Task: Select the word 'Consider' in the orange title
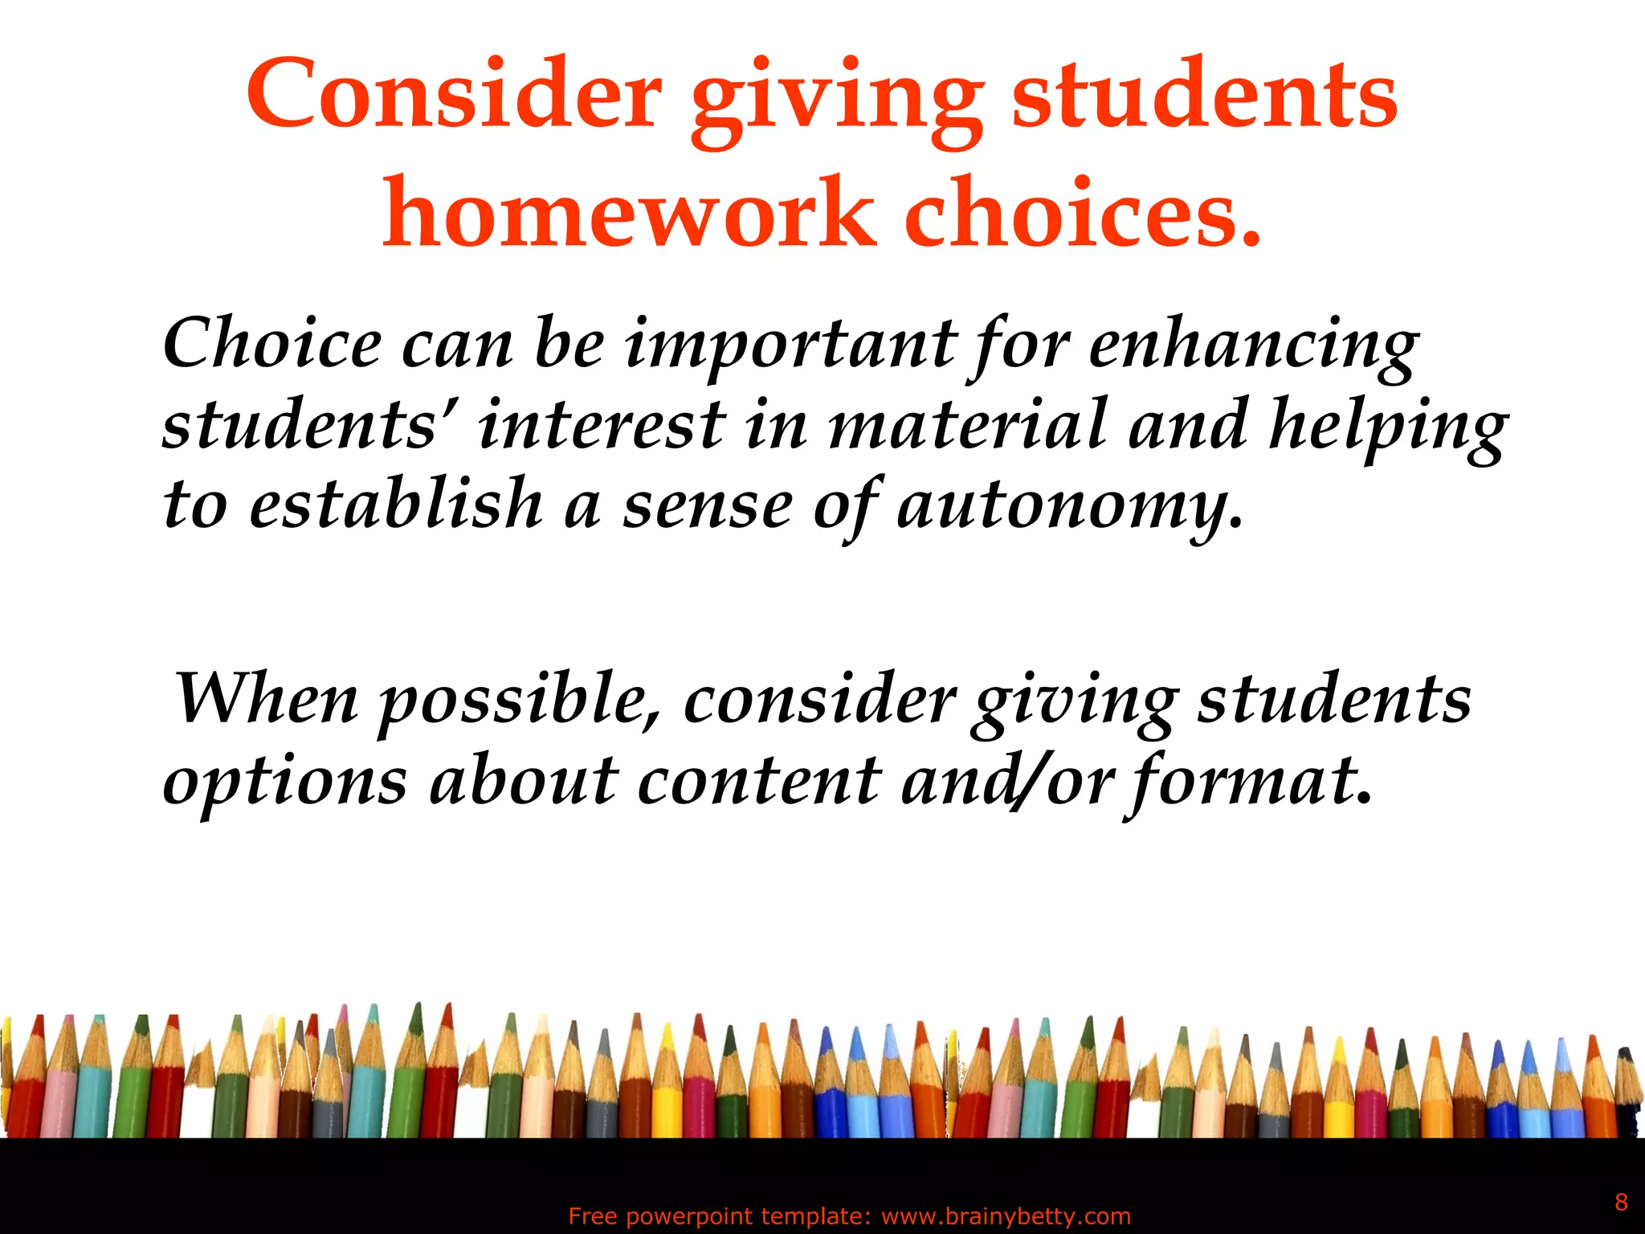(454, 95)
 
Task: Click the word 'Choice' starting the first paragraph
(272, 344)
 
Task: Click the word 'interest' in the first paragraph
(602, 424)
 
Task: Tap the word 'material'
(968, 424)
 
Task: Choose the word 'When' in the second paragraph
(266, 698)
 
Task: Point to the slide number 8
(1621, 1202)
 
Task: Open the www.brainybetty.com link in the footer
(1006, 1216)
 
